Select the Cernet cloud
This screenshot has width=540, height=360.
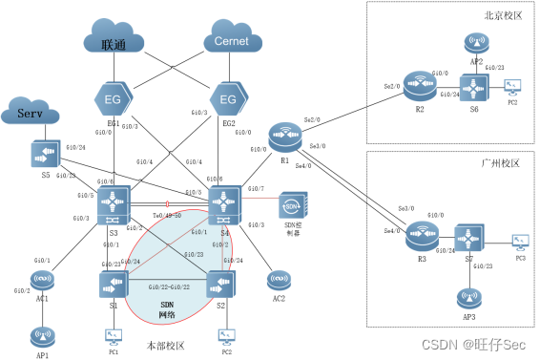(232, 41)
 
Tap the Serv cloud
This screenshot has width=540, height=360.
(33, 114)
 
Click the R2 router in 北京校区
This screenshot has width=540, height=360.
(417, 83)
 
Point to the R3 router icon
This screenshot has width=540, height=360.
(418, 233)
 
